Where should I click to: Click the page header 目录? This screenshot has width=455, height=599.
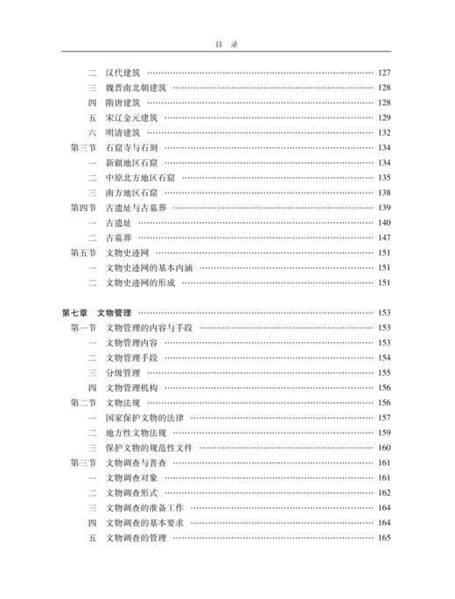227,41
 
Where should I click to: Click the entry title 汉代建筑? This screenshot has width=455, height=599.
122,72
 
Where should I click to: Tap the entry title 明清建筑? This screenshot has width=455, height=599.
122,132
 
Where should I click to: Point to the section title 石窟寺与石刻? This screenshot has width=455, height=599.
131,148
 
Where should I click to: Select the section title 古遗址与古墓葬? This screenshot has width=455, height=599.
136,208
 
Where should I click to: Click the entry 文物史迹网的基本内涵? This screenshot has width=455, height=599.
149,268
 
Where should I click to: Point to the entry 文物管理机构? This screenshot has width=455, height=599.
131,388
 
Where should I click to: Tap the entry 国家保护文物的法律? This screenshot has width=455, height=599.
144,418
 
